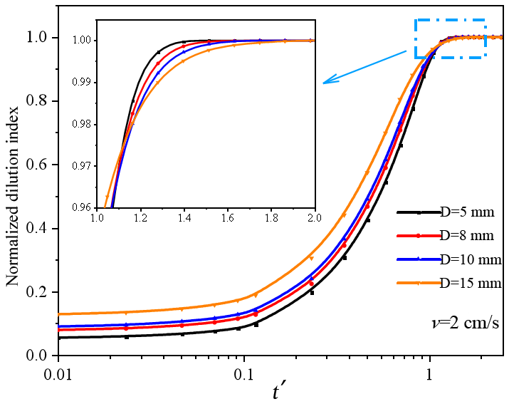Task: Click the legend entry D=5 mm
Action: pyautogui.click(x=467, y=212)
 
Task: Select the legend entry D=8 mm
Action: pyautogui.click(x=467, y=236)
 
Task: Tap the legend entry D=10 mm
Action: pyautogui.click(x=471, y=259)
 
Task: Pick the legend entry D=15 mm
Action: pyautogui.click(x=471, y=283)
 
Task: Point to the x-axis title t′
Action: pyautogui.click(x=278, y=392)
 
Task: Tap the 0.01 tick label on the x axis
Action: pyautogui.click(x=58, y=375)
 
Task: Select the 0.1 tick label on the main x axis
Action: pyautogui.click(x=244, y=375)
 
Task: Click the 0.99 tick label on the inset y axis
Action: pyautogui.click(x=81, y=83)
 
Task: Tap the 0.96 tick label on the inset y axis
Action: pyautogui.click(x=81, y=207)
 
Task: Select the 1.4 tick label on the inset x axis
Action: pyautogui.click(x=184, y=217)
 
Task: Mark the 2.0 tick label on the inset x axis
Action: pyautogui.click(x=315, y=217)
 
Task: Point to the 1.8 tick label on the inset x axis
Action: pyautogui.click(x=271, y=217)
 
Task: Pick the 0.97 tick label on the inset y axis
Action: pyautogui.click(x=81, y=166)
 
